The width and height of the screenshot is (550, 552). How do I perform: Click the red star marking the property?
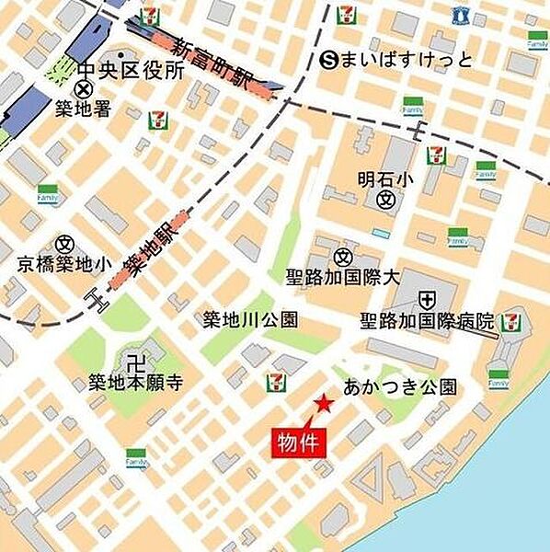click(323, 403)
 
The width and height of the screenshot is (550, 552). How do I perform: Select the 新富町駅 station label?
click(213, 63)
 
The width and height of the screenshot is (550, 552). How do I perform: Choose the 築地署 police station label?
click(82, 109)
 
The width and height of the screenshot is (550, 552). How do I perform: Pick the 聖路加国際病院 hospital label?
click(427, 321)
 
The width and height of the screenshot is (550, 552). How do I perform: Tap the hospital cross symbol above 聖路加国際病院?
click(427, 299)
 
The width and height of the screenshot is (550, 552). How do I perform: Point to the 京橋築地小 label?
click(64, 265)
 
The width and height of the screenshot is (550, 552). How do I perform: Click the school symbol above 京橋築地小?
click(64, 244)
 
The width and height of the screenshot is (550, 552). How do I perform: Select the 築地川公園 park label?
click(250, 320)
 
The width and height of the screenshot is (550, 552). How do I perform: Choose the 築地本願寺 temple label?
click(135, 381)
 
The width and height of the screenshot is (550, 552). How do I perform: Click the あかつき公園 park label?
click(399, 387)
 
